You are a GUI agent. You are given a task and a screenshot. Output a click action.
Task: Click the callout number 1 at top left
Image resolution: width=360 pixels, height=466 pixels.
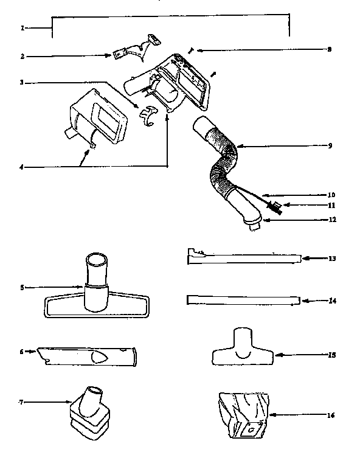[x=22, y=28]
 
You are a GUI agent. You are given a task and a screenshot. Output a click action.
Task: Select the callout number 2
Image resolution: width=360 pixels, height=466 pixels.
[x=22, y=56]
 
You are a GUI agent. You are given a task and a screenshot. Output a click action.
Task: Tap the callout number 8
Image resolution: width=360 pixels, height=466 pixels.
[x=329, y=49]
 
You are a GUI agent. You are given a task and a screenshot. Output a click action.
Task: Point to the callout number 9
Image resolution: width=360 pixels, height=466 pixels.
[x=329, y=146]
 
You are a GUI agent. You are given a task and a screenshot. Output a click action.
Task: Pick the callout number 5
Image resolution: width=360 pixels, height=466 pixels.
[x=22, y=287]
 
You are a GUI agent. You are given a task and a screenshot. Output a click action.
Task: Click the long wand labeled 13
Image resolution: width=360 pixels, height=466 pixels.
[x=243, y=259]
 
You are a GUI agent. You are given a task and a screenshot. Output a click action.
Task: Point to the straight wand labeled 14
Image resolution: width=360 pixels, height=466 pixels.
[x=243, y=299]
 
